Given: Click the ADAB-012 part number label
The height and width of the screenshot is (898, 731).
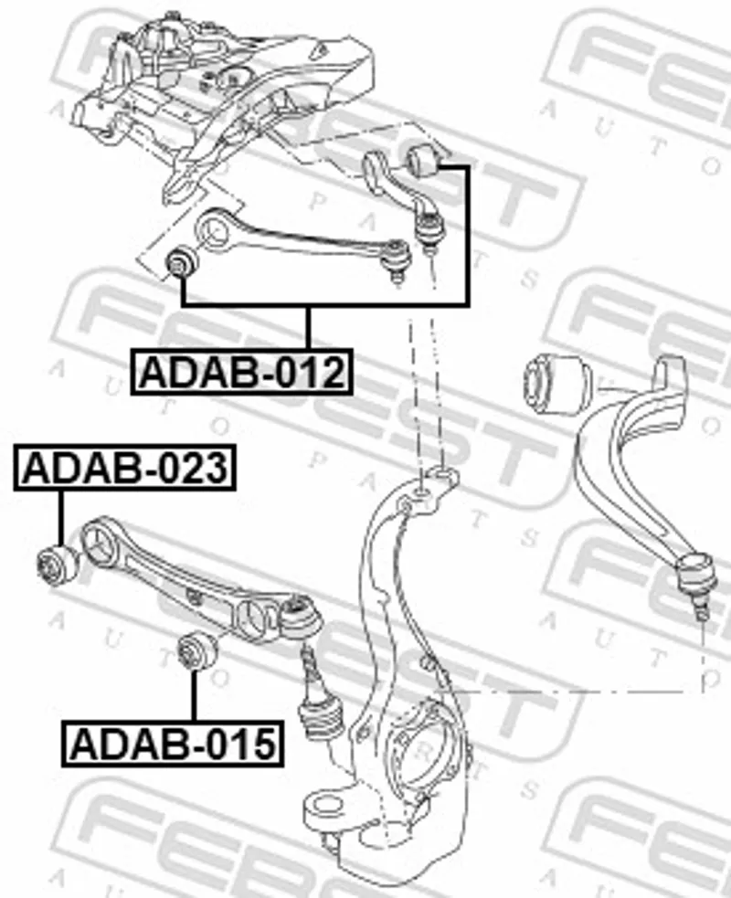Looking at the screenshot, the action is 242,372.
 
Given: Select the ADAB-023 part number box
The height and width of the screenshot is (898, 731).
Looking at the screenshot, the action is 125,468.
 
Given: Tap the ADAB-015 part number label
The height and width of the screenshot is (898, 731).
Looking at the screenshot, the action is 173,744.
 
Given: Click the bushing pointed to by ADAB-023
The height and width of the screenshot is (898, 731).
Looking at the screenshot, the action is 58,565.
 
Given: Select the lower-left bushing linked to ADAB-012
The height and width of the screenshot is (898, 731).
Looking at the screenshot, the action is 181,262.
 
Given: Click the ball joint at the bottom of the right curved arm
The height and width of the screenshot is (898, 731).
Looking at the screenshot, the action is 697,585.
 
